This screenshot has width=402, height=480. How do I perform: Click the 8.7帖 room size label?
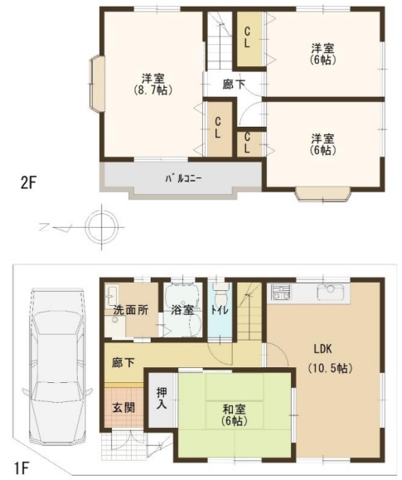[x=153, y=90]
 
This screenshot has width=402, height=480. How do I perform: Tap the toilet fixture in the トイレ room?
[x=220, y=293]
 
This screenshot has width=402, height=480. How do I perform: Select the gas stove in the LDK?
[x=281, y=293]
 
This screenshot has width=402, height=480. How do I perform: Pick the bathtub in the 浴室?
[x=182, y=293]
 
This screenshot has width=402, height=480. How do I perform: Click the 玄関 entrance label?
[x=124, y=408]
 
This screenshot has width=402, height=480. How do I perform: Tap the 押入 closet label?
[x=162, y=399]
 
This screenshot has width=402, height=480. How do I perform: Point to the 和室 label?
[x=234, y=410]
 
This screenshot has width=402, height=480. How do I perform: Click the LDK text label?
[x=322, y=349]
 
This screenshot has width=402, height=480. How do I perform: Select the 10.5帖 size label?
[x=331, y=367]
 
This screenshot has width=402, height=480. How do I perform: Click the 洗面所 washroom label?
[x=131, y=310]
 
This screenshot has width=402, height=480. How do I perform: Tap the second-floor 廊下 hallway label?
[x=234, y=85]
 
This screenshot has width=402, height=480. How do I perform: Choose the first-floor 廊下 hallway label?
[x=123, y=363]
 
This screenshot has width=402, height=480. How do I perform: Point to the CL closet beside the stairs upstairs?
[x=249, y=38]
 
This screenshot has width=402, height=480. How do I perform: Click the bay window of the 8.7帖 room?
[x=97, y=83]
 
